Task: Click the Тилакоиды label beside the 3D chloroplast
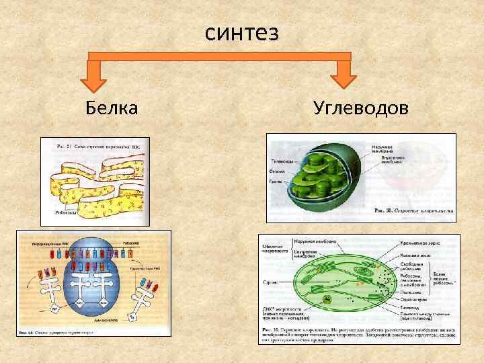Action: tap(282, 161)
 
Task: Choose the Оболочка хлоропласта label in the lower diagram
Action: tap(273, 249)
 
